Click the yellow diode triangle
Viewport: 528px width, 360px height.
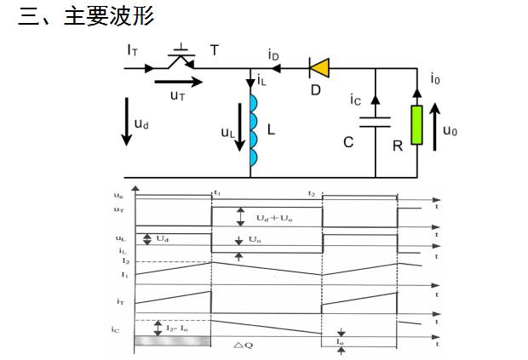pos(320,66)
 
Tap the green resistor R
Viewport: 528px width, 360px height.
pos(417,124)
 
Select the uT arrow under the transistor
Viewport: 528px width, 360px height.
pos(179,83)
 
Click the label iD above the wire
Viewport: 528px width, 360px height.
pos(273,55)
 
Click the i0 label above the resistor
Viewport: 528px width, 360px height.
pos(435,79)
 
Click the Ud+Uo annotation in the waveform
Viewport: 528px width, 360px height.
pos(274,218)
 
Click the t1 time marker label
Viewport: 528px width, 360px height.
pos(217,193)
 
